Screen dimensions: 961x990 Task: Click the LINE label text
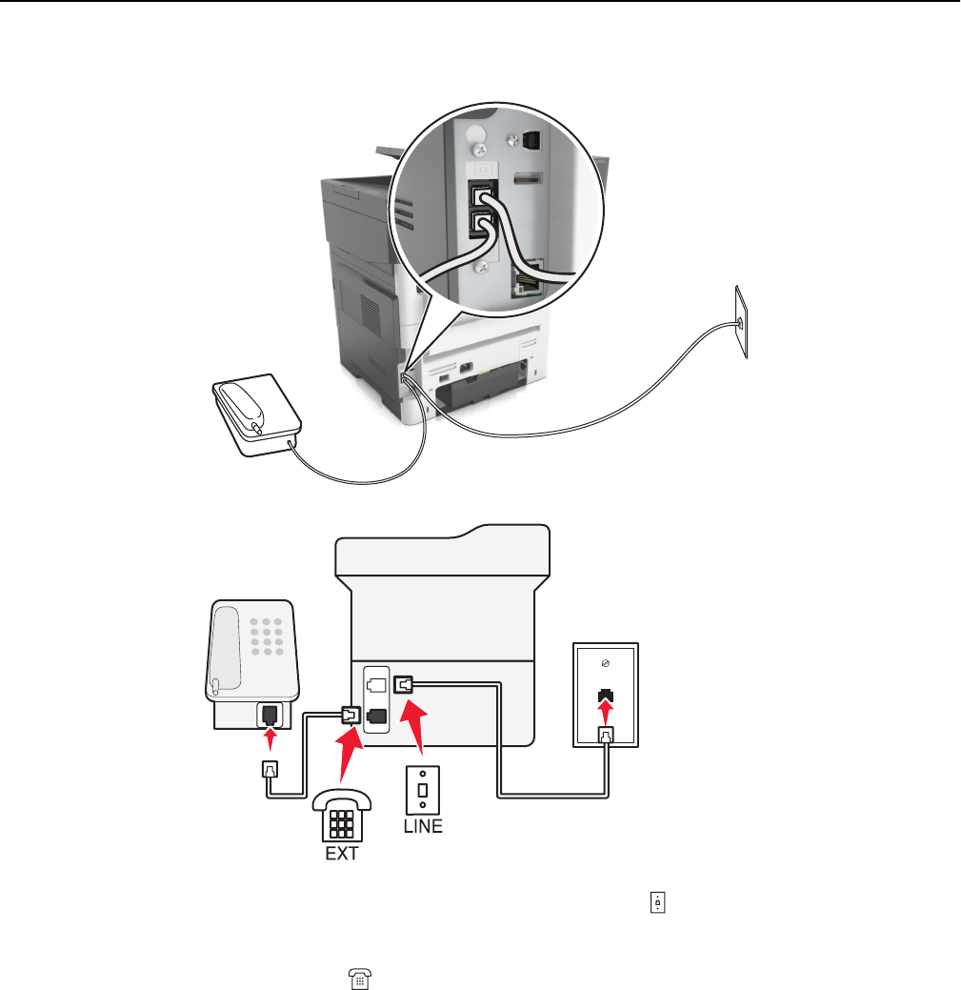423,826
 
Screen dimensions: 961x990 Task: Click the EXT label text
341,854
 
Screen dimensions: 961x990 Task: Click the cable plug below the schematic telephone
270,770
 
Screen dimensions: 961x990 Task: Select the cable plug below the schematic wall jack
606,735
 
